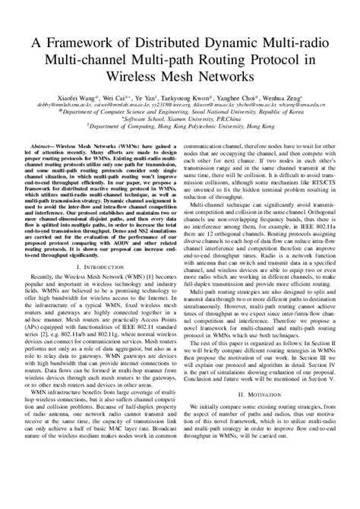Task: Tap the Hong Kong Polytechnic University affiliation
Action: point(181,127)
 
